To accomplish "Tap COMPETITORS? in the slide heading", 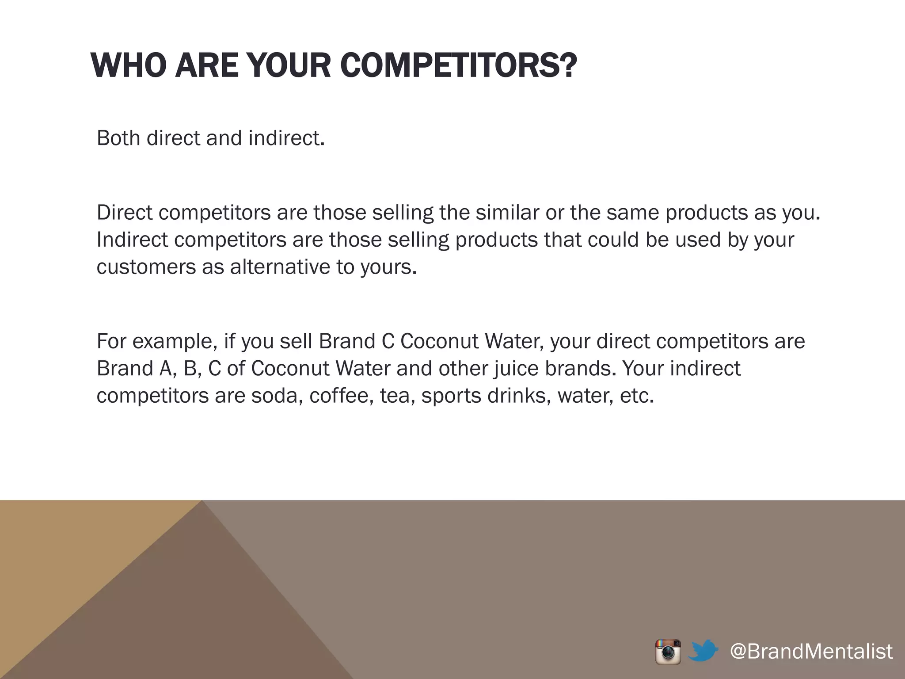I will click(459, 65).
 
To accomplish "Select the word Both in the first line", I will click(118, 138).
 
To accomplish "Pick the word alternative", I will click(280, 267).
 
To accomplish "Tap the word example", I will click(174, 342).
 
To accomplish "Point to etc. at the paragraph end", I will click(636, 395).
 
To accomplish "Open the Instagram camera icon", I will click(668, 652).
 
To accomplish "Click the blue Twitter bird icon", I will click(703, 651).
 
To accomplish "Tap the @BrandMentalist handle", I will click(811, 651).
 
